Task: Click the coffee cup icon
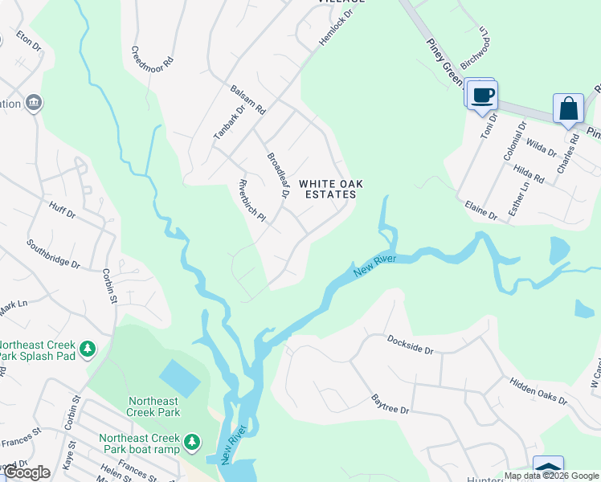click(x=482, y=96)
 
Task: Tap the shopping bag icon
click(x=568, y=108)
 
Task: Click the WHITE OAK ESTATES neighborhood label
click(x=331, y=190)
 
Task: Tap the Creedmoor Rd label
click(x=153, y=55)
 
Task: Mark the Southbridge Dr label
click(x=53, y=253)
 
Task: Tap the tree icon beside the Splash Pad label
click(x=88, y=349)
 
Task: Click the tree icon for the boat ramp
click(x=191, y=441)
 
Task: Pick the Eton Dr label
click(x=28, y=42)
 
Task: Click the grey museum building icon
click(x=35, y=103)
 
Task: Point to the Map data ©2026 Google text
click(x=551, y=476)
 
